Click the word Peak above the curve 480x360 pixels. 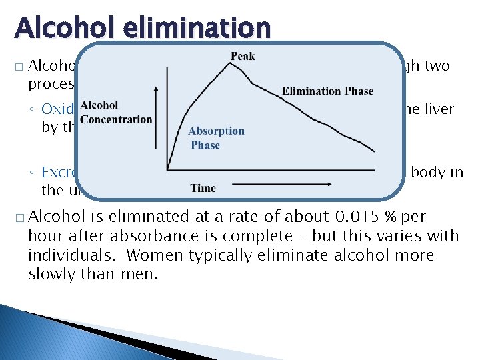click(x=243, y=56)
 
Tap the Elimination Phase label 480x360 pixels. click(x=327, y=91)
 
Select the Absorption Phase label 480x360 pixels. click(x=216, y=138)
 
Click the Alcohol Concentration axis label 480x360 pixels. click(x=116, y=113)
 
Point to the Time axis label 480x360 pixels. click(x=203, y=189)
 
